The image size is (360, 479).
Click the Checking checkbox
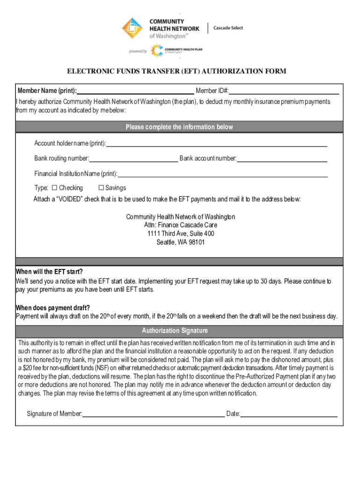[54, 188]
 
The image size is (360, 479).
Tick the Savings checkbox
[101, 188]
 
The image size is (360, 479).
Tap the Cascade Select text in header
[228, 28]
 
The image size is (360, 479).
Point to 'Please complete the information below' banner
[179, 127]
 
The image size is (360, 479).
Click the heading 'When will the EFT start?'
[49, 272]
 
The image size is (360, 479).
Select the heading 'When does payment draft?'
[53, 307]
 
